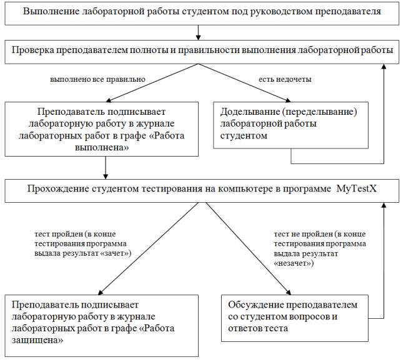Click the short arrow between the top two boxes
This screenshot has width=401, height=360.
coord(198,31)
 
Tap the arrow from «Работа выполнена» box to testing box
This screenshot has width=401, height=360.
coord(105,167)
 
